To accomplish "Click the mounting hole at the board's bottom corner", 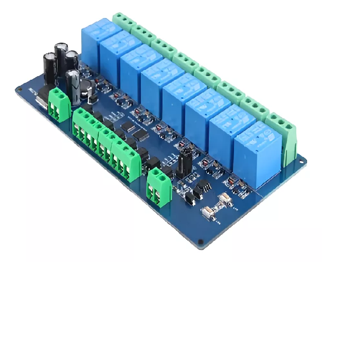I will click(x=199, y=242).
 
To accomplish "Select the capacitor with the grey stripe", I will click(x=74, y=83).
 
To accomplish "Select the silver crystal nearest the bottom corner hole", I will click(x=208, y=212).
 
